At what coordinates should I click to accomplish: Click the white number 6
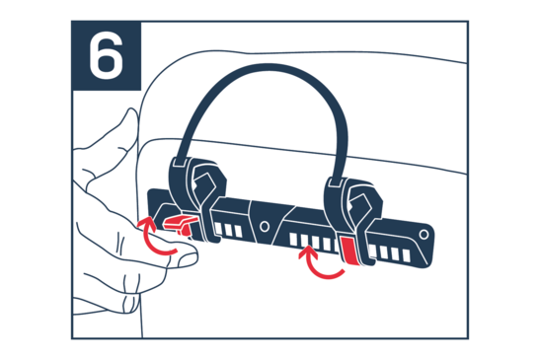pos(106,55)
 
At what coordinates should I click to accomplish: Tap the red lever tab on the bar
pos(180,224)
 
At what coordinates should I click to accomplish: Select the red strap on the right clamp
pos(348,251)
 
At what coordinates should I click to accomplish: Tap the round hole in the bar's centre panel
pos(265,227)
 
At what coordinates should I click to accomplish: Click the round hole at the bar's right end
pos(424,235)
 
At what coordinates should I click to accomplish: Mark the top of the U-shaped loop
pos(268,68)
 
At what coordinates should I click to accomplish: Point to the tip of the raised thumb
pos(132,112)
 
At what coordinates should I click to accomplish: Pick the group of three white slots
pos(228,230)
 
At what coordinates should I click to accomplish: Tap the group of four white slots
pos(390,252)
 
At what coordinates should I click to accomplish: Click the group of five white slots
pos(314,242)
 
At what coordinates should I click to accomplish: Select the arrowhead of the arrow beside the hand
pos(145,223)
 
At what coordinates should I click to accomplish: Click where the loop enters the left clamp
pos(181,161)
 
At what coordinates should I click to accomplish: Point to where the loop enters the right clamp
pos(336,181)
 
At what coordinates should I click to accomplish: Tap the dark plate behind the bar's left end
pos(156,203)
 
